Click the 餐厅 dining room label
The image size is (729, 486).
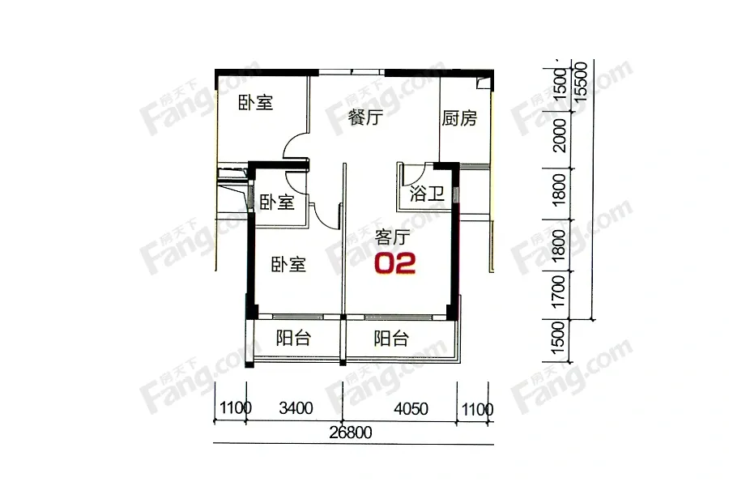coord(365,117)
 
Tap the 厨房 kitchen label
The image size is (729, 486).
coord(459,118)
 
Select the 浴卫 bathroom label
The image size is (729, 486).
coord(427,194)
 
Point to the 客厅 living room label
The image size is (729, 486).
coord(392,237)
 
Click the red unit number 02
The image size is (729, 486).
coord(395,263)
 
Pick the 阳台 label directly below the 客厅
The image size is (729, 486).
coord(391,338)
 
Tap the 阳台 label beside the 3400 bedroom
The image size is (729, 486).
coord(293,338)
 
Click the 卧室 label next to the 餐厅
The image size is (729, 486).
coord(256,103)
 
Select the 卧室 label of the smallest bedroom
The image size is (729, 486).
coord(277,202)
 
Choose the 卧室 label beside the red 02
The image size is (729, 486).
coord(288,265)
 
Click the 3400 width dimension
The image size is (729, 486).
coord(296,408)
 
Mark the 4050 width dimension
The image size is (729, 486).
coord(411,409)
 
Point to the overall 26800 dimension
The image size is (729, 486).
coord(351,433)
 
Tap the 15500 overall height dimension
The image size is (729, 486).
coord(581,81)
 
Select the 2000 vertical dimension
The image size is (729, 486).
coord(561,135)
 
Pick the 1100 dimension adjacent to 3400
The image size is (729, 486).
coord(236,408)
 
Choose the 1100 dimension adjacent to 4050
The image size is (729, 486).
coord(477,410)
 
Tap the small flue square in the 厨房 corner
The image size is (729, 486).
coord(484,83)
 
